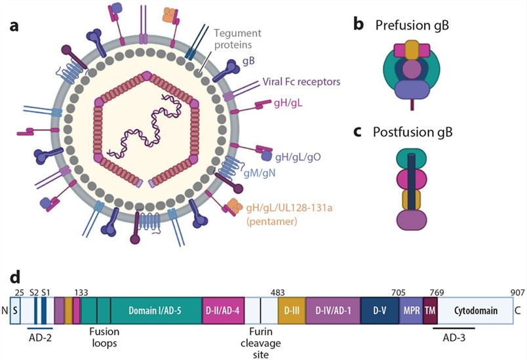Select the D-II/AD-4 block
click(222, 309)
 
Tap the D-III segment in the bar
click(291, 309)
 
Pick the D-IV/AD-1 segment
click(332, 309)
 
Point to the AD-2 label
click(40, 336)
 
